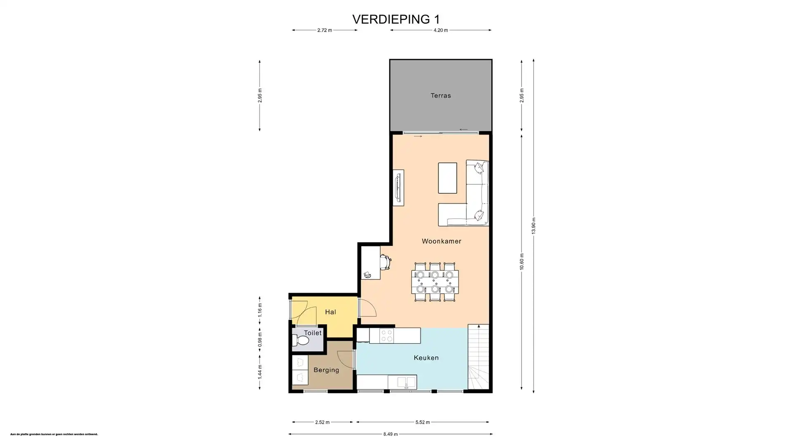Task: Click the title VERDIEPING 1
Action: pos(396,19)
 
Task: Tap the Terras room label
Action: pos(440,95)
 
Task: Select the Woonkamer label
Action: pos(441,241)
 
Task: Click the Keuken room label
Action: pos(426,358)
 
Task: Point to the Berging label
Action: pos(326,370)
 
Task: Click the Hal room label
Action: pos(330,312)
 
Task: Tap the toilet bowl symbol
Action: pos(301,341)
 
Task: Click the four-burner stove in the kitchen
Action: pos(387,335)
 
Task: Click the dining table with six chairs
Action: pos(434,282)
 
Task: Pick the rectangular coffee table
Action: pos(447,178)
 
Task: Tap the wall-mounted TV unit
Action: pos(398,187)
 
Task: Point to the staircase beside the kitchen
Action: pos(478,357)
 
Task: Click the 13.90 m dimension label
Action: pos(533,225)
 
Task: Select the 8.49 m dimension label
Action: pos(390,434)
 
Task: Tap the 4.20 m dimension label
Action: pos(440,30)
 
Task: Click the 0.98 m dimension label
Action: pos(260,342)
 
